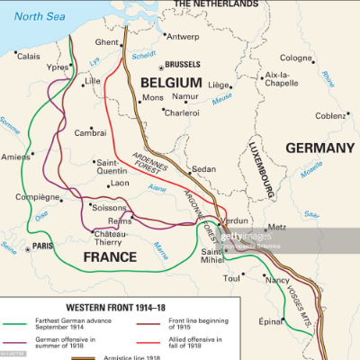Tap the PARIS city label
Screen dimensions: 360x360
coord(41,221)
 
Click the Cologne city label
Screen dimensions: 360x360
coord(296,58)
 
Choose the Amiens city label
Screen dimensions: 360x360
coord(15,157)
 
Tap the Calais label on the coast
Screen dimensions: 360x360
coord(28,56)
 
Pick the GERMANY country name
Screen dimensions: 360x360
coord(320,148)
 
